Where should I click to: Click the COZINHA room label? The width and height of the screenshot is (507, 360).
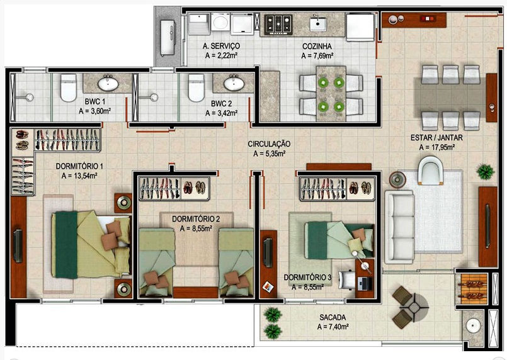click(317, 46)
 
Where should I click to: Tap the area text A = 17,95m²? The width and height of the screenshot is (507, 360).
click(437, 147)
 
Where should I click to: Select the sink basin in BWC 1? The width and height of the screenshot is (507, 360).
click(108, 84)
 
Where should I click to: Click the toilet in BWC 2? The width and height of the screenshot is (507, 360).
click(197, 87)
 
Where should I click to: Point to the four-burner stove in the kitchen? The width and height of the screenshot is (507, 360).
click(278, 25)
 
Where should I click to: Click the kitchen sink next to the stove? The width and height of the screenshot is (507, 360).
click(318, 24)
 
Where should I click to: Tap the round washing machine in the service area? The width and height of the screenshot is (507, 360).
click(220, 23)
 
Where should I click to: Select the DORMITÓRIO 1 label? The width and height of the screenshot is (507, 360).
click(79, 166)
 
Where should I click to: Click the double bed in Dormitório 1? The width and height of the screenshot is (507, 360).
click(91, 244)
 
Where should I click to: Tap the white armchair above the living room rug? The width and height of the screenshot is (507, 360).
click(430, 171)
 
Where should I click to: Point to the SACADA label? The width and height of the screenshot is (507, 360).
click(333, 317)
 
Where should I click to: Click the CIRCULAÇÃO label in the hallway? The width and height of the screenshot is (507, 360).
click(269, 143)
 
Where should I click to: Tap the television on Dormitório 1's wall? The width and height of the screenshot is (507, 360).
click(18, 245)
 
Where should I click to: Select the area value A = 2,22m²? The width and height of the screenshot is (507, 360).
click(222, 55)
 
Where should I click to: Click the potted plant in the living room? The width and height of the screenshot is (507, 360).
click(486, 172)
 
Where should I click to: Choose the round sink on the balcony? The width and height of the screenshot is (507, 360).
click(474, 326)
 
